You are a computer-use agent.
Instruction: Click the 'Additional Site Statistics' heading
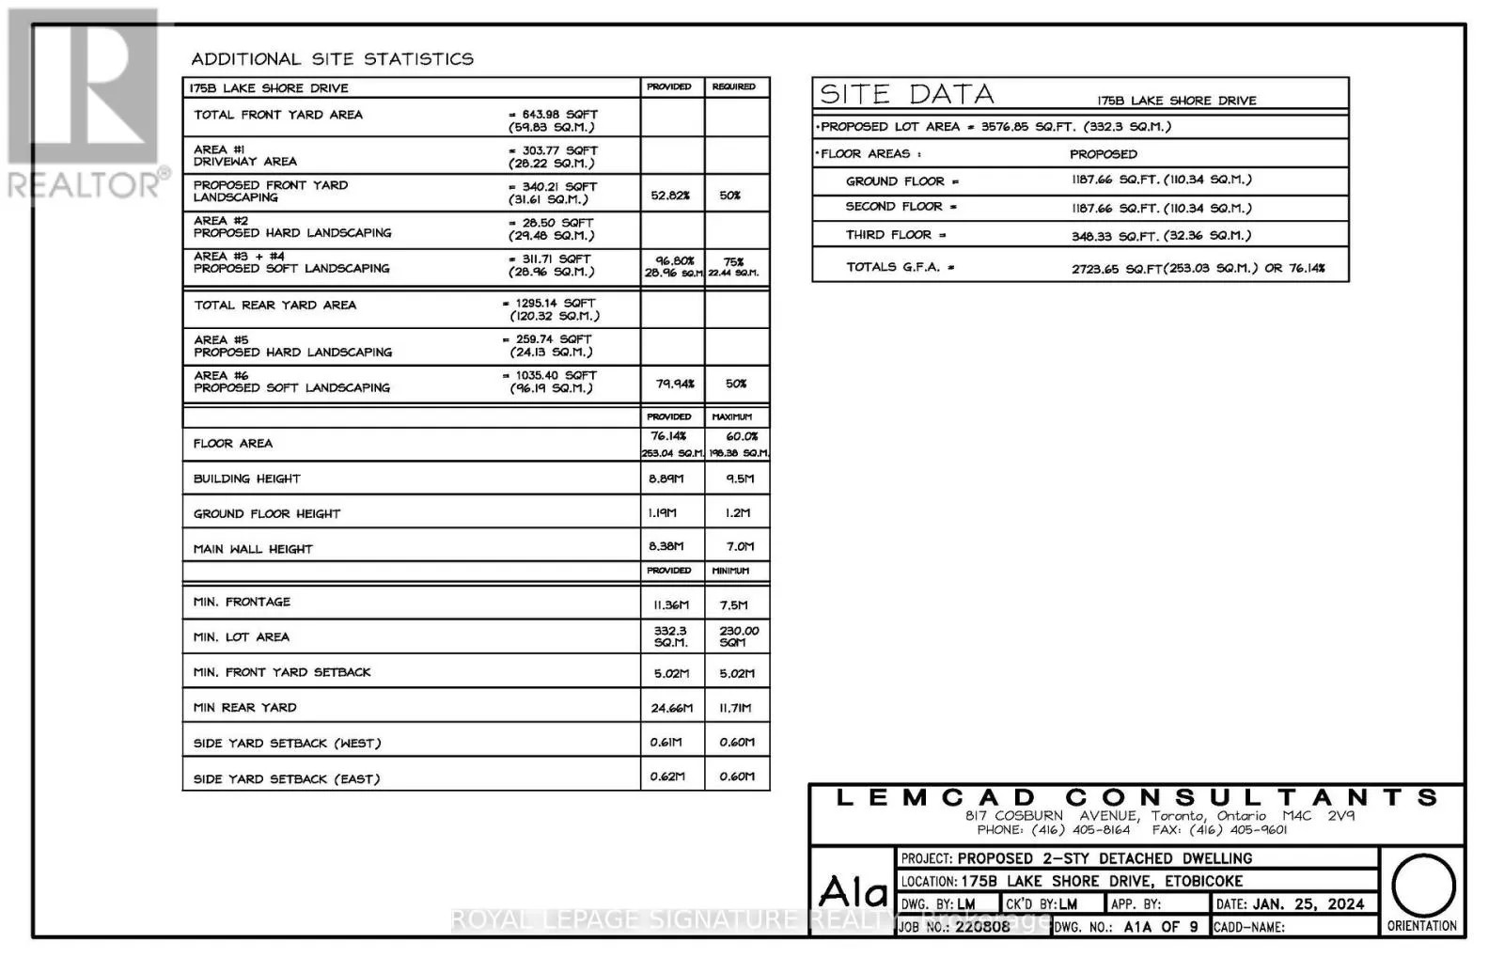(332, 59)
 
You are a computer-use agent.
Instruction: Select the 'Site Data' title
(906, 94)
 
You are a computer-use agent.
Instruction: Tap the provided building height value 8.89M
(666, 479)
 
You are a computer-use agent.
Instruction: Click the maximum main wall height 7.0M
(740, 546)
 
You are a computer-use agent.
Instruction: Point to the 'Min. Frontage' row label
(242, 602)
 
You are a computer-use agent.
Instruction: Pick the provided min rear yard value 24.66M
(671, 708)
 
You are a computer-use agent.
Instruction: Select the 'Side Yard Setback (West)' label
(287, 743)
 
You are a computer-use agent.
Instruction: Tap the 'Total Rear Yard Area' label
(274, 305)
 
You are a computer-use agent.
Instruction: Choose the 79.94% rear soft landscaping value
(674, 384)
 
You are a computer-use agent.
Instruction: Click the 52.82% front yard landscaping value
(670, 196)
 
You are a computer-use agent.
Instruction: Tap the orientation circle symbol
(1422, 886)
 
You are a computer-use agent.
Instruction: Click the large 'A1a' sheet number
(853, 890)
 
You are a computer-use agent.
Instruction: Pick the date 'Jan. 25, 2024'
(1308, 903)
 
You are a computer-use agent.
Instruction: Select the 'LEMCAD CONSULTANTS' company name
(1136, 798)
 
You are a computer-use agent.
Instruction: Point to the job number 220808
(982, 926)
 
